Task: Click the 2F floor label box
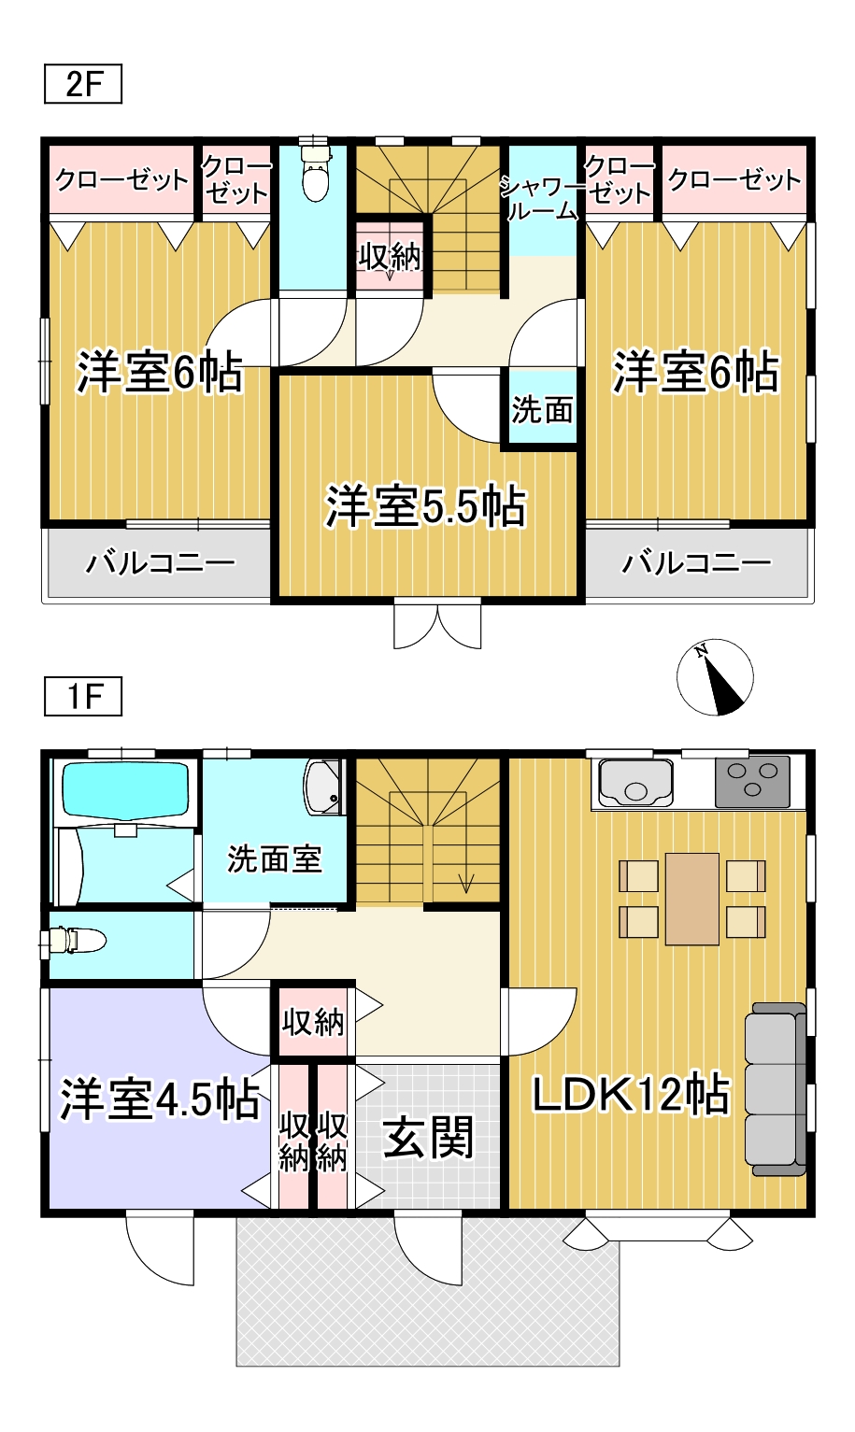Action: (83, 85)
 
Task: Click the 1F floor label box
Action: (83, 697)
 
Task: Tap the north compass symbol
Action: (715, 677)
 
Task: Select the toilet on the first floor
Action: (77, 941)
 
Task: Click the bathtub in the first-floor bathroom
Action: (125, 790)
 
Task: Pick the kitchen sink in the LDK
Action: (635, 782)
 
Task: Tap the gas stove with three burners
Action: (752, 782)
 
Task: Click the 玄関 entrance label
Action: (429, 1138)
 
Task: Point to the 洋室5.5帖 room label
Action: (426, 507)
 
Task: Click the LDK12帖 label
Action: (631, 1094)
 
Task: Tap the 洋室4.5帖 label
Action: (160, 1099)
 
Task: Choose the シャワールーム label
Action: (542, 199)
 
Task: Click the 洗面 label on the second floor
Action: (542, 409)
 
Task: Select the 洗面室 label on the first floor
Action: (274, 858)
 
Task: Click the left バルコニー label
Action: (160, 562)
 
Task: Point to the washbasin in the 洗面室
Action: (323, 786)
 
